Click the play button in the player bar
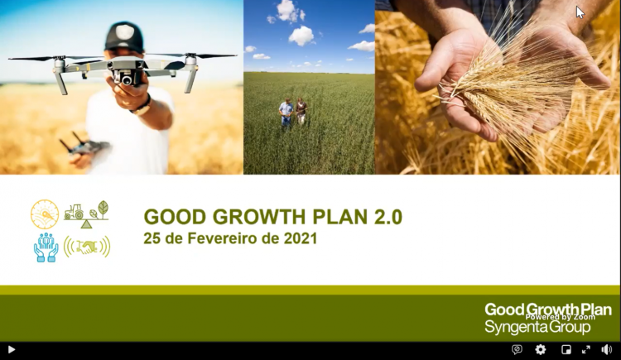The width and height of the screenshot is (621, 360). point(12,350)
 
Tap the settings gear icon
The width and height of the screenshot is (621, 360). point(540,349)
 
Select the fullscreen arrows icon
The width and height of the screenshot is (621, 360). point(585,349)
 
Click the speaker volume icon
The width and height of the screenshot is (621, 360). point(606,349)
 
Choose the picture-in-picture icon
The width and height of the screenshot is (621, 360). point(566,349)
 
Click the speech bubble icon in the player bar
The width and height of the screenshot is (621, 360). point(517,349)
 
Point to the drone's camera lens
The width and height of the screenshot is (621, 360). point(127,80)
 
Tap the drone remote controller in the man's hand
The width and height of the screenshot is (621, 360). point(82,146)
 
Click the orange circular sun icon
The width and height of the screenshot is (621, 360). point(45,214)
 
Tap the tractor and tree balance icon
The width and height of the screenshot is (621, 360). point(86,214)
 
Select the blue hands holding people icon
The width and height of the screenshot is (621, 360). point(46,247)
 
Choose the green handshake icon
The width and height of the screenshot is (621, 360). point(87,247)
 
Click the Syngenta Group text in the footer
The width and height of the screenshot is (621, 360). point(537,328)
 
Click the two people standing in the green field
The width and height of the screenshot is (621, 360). point(292,112)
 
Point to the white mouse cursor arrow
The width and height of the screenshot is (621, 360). point(580,12)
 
